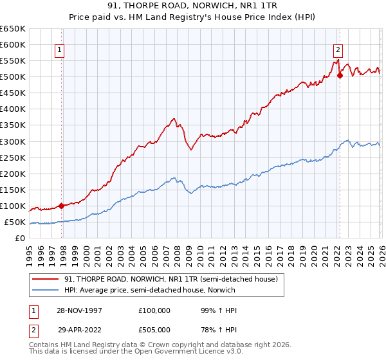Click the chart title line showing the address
pyautogui.click(x=193, y=6)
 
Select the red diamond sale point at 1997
pyautogui.click(x=62, y=206)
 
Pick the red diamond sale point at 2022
pyautogui.click(x=340, y=75)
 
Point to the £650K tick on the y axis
pyautogui.click(x=13, y=29)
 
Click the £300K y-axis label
pyautogui.click(x=13, y=141)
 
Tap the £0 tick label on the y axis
pyautogui.click(x=21, y=238)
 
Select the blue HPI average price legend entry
pyautogui.click(x=149, y=290)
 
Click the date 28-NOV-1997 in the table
pyautogui.click(x=78, y=310)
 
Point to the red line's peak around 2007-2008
pyautogui.click(x=174, y=118)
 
